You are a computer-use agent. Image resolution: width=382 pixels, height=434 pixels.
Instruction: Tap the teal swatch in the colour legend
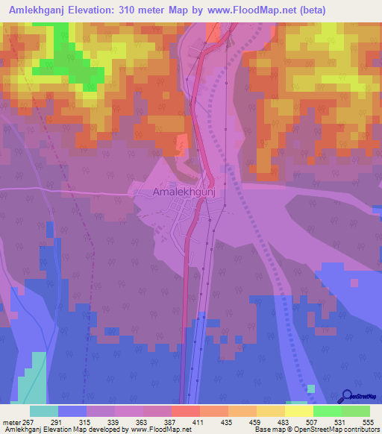(x=44, y=411)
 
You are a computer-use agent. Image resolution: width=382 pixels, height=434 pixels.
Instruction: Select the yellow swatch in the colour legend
(x=299, y=411)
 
